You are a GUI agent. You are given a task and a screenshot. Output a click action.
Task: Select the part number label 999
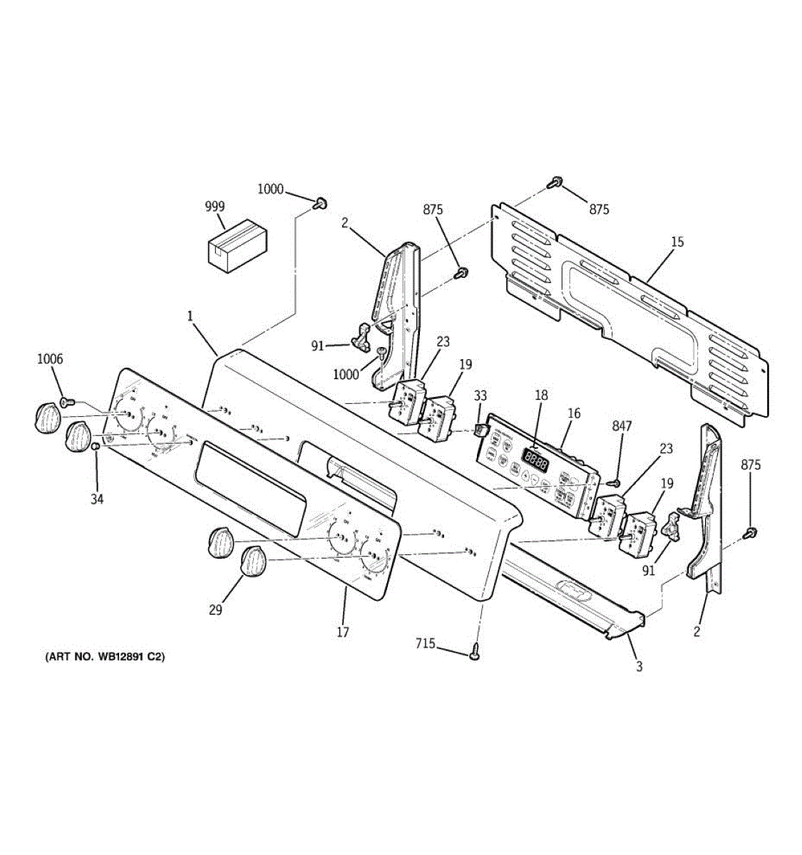pos(215,207)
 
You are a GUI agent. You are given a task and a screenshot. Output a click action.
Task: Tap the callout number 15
pos(677,242)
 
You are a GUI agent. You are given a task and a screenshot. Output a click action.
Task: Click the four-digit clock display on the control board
pos(535,459)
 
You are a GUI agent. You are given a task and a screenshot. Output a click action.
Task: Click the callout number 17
pos(343,632)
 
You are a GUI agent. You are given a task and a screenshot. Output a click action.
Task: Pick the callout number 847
pos(622,426)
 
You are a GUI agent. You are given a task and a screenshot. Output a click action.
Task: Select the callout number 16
pos(574,413)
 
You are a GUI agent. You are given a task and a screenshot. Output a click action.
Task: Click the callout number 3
pos(639,667)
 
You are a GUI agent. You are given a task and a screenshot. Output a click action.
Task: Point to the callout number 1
pos(190,314)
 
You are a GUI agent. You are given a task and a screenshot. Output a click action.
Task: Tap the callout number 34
pos(97,499)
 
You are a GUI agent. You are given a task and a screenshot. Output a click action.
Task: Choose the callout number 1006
pos(50,359)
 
